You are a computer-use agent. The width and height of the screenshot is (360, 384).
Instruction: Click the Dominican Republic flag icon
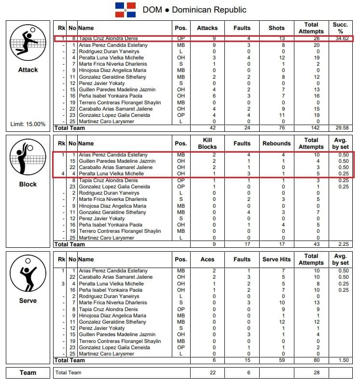pos(125,10)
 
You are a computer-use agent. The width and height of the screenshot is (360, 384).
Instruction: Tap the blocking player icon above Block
pos(28,158)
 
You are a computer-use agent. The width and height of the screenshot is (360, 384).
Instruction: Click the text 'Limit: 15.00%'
pos(28,124)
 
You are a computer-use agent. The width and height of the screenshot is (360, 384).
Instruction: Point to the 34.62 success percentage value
pos(341,39)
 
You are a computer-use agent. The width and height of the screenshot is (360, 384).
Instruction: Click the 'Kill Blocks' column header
pos(207,143)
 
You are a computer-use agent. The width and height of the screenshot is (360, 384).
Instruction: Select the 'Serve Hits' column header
pos(277,259)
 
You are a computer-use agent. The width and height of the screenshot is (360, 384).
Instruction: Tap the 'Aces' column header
pos(207,259)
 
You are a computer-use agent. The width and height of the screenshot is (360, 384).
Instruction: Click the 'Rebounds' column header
pos(277,143)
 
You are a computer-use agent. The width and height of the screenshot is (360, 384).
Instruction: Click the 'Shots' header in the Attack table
pos(277,28)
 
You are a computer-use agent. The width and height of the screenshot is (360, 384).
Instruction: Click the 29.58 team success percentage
pos(341,128)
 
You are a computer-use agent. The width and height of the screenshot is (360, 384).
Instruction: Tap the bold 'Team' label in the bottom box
pos(28,372)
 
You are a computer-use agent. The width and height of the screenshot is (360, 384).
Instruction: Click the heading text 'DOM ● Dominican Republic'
pos(194,10)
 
